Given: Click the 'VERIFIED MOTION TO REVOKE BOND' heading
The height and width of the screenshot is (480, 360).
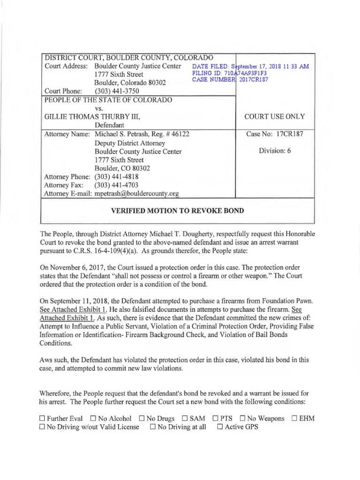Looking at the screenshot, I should pyautogui.click(x=177, y=210).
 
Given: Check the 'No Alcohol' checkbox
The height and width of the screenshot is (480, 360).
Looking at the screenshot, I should pyautogui.click(x=94, y=418).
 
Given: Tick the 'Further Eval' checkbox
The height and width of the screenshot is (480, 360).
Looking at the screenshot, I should pyautogui.click(x=42, y=418).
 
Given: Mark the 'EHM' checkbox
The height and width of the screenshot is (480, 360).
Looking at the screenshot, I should pyautogui.click(x=295, y=418).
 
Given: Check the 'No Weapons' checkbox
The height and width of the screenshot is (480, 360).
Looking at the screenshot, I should pyautogui.click(x=243, y=418).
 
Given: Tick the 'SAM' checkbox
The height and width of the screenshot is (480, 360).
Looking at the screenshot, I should pyautogui.click(x=185, y=418).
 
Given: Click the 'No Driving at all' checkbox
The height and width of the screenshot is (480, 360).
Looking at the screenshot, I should pyautogui.click(x=153, y=427).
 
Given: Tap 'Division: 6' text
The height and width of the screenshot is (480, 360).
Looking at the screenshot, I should pyautogui.click(x=275, y=151).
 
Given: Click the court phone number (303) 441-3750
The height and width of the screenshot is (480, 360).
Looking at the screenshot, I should pyautogui.click(x=116, y=91).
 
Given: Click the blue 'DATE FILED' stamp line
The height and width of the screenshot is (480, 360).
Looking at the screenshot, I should pyautogui.click(x=251, y=67).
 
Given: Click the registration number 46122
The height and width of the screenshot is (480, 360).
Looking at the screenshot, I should pyautogui.click(x=180, y=134).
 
